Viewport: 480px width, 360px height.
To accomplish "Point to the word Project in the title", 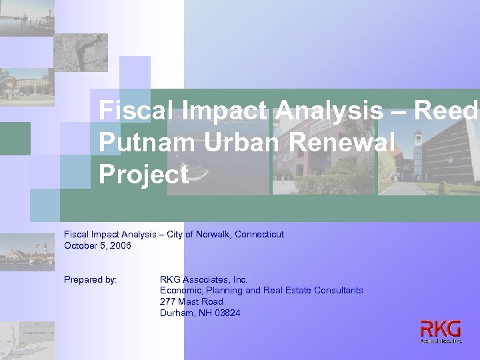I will tap(143, 175).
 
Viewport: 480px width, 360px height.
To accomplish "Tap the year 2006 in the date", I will tap(121, 246).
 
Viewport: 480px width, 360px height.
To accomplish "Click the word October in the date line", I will tap(80, 246).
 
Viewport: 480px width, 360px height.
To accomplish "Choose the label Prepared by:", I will tap(90, 280).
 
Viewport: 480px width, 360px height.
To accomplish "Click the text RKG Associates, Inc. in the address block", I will tap(203, 280).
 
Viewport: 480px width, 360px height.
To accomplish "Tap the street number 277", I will tap(167, 302).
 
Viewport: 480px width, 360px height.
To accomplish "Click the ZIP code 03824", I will tap(227, 313).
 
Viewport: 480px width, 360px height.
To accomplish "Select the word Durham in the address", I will tap(176, 313).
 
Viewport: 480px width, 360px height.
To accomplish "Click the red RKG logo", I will tap(441, 329).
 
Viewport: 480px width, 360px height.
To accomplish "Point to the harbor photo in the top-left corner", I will tap(27, 17).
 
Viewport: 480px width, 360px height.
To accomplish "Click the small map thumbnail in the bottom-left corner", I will tap(27, 340).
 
